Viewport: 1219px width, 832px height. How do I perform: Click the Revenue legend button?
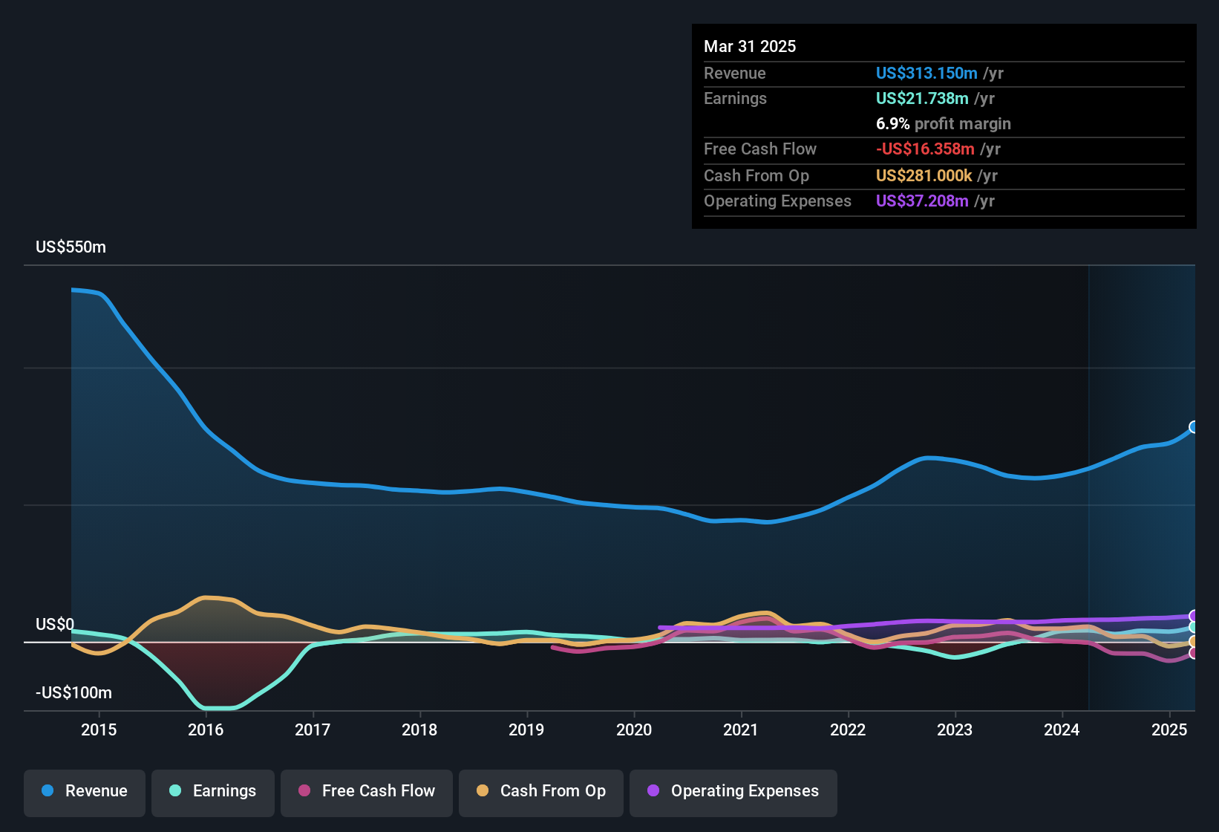pyautogui.click(x=85, y=791)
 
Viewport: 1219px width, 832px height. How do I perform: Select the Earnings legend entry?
pyautogui.click(x=213, y=791)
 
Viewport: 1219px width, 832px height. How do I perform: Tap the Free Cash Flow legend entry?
pyautogui.click(x=367, y=791)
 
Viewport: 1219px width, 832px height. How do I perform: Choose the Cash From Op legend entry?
pyautogui.click(x=541, y=791)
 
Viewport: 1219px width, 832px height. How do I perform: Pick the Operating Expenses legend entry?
pyautogui.click(x=733, y=791)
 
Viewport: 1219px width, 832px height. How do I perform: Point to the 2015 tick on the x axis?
pyautogui.click(x=99, y=729)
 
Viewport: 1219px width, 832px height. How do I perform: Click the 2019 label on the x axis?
pyautogui.click(x=526, y=729)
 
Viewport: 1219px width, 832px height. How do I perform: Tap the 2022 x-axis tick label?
pyautogui.click(x=848, y=729)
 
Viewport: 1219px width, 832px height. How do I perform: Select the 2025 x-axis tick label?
pyautogui.click(x=1169, y=729)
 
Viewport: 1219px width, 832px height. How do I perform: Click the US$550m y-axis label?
pyautogui.click(x=71, y=247)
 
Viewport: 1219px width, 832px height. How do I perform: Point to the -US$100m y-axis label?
pyautogui.click(x=73, y=693)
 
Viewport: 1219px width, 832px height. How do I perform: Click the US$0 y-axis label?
pyautogui.click(x=55, y=625)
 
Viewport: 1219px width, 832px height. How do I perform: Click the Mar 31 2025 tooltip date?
pyautogui.click(x=750, y=47)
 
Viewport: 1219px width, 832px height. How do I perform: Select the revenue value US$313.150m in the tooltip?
pyautogui.click(x=926, y=74)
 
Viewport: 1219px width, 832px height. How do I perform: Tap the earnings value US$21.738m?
pyautogui.click(x=921, y=99)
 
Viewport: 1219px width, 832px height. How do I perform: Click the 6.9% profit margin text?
pyautogui.click(x=943, y=124)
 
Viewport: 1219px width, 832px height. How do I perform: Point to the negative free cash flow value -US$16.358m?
pyautogui.click(x=924, y=149)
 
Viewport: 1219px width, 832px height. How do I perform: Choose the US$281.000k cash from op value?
pyautogui.click(x=924, y=176)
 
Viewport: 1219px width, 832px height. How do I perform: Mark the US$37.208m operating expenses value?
pyautogui.click(x=921, y=201)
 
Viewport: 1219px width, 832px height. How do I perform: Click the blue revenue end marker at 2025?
pyautogui.click(x=1194, y=427)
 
